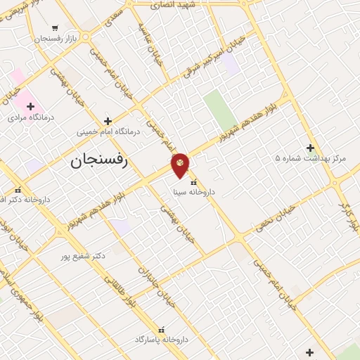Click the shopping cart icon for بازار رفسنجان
pyautogui.click(x=55, y=28)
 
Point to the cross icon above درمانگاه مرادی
pyautogui.click(x=30, y=106)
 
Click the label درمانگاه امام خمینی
pyautogui.click(x=108, y=132)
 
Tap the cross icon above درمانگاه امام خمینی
pyautogui.click(x=108, y=121)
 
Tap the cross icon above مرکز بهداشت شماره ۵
pyautogui.click(x=310, y=148)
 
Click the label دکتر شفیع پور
pyautogui.click(x=83, y=255)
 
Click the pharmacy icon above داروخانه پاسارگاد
pyautogui.click(x=162, y=329)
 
